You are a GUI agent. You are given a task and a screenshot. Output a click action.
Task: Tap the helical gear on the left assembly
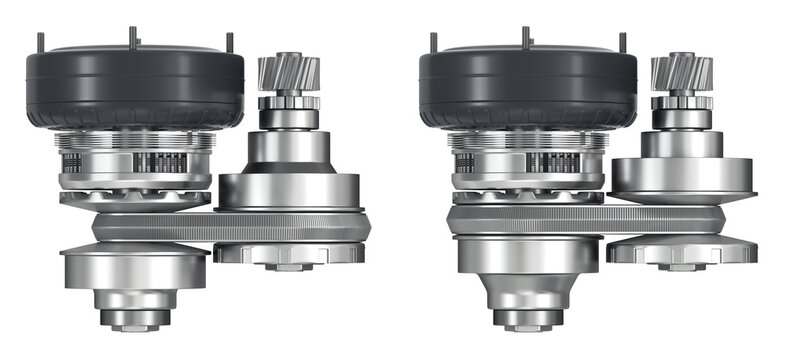click(288, 74)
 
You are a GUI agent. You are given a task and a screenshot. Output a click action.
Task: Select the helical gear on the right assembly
click(681, 74)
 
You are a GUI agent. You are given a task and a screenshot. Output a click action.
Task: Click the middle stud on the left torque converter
click(132, 36)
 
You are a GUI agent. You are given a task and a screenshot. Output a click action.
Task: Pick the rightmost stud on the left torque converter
click(228, 42)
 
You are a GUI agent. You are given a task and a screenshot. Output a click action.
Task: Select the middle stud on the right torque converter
click(525, 36)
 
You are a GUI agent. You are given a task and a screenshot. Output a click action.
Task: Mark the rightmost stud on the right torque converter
click(621, 42)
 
